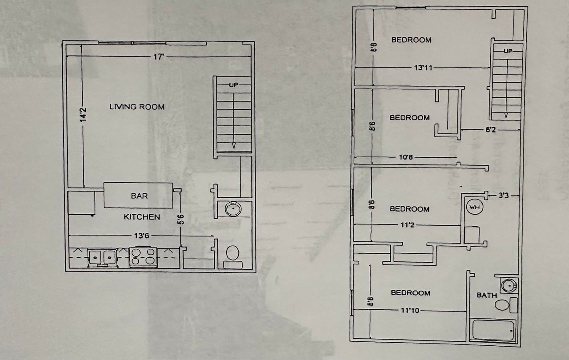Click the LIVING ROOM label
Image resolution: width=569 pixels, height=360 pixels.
[137, 107]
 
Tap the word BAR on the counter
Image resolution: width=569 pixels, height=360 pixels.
[139, 196]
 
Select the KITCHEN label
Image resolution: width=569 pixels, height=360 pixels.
[142, 217]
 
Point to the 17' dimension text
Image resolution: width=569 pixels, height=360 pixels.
[158, 56]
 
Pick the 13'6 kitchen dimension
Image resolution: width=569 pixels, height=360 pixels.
[141, 236]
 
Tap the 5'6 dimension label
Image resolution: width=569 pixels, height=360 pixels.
[180, 220]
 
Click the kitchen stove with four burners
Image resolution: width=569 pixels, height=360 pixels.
[143, 257]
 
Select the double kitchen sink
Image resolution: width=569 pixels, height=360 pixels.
[102, 258]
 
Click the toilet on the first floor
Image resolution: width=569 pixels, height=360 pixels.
[232, 256]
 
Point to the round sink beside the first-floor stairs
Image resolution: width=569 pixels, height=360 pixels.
[233, 209]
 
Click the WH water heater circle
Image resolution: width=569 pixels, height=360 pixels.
[474, 207]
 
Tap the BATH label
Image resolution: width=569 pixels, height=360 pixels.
[487, 295]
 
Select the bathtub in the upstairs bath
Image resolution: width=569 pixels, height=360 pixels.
[493, 330]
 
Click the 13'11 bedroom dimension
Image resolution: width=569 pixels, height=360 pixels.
[423, 68]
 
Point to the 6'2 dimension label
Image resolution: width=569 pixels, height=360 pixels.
[490, 130]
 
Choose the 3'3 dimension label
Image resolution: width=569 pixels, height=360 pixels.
[504, 196]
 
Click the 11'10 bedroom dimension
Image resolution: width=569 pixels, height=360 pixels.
[410, 310]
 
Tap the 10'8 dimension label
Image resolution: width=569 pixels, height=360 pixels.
[406, 157]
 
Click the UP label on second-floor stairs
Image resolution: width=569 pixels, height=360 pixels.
[508, 51]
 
